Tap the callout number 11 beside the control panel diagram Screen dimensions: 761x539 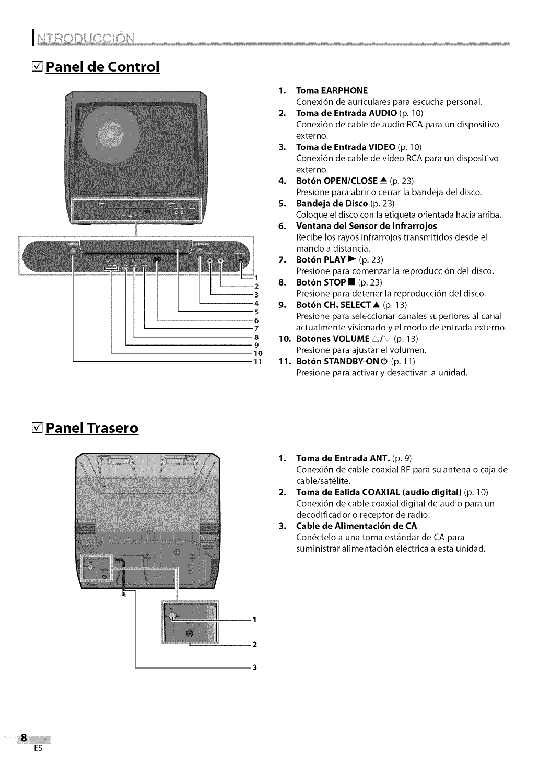(256, 361)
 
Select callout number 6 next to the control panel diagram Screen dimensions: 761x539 (256, 320)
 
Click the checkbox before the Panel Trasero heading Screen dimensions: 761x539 (37, 428)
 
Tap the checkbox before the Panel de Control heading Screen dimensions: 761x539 (37, 67)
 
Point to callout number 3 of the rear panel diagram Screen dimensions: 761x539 (254, 667)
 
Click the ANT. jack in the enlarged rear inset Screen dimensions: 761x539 (173, 616)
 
